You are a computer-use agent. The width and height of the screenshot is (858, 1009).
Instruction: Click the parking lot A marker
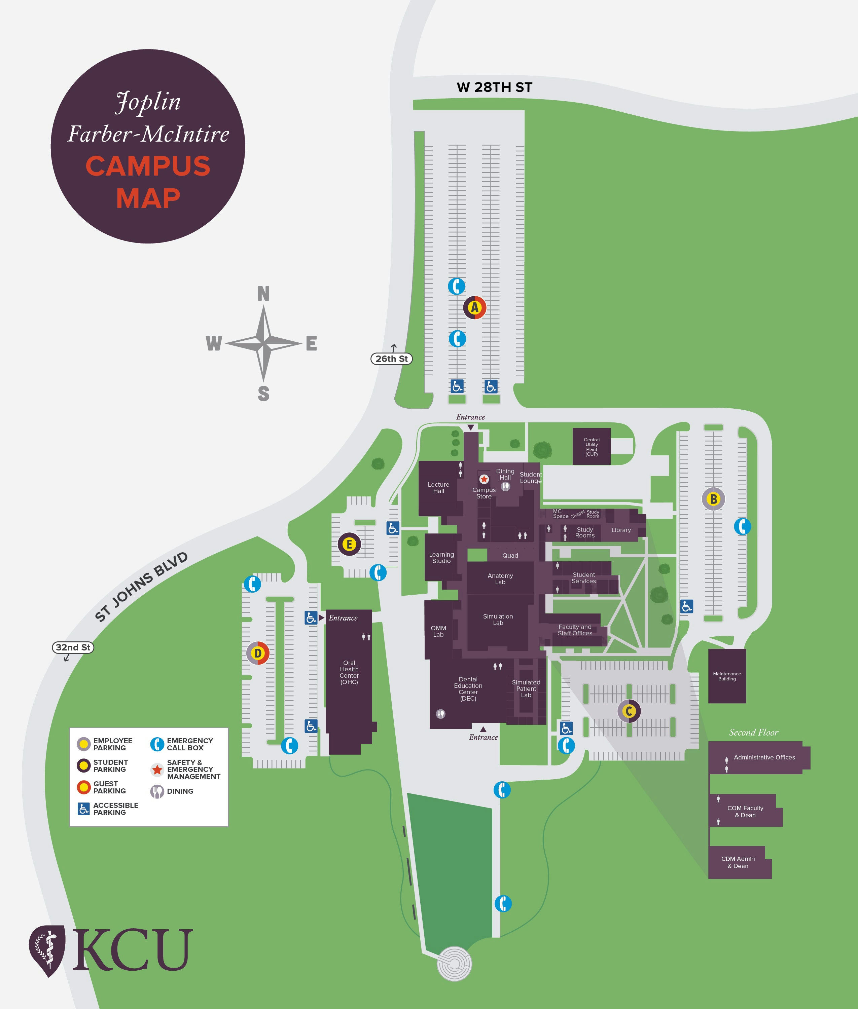point(474,307)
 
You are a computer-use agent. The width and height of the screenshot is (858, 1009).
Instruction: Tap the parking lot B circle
point(713,499)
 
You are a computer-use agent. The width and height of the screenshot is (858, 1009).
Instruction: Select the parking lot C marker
point(629,711)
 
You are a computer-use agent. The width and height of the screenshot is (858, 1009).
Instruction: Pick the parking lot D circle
point(258,653)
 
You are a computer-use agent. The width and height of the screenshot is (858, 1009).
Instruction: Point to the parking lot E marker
point(349,544)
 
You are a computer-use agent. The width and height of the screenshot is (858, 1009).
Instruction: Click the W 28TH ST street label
point(494,87)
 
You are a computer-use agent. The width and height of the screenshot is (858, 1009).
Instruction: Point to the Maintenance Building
point(727,676)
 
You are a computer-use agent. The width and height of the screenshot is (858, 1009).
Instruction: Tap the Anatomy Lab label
point(500,578)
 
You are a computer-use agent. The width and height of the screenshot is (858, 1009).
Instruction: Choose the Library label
point(621,530)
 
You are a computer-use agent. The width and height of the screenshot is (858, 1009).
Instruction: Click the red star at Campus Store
point(484,479)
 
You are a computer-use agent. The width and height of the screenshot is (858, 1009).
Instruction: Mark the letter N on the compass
point(263,294)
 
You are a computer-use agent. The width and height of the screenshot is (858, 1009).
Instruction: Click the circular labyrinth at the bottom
point(454,963)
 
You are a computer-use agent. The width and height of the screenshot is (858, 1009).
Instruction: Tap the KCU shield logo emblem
point(47,951)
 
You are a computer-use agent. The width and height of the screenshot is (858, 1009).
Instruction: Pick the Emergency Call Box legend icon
point(156,744)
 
